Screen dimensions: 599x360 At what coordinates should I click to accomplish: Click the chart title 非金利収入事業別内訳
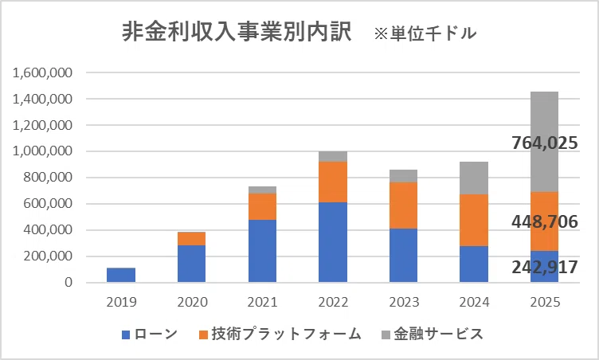click(237, 32)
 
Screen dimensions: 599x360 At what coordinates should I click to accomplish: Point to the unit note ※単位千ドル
click(425, 33)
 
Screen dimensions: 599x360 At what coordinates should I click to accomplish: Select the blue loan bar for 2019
click(121, 275)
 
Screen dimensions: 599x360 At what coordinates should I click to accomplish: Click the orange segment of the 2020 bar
click(191, 238)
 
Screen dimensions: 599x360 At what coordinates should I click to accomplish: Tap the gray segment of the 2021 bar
click(262, 190)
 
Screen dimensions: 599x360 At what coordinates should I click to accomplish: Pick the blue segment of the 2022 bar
click(333, 242)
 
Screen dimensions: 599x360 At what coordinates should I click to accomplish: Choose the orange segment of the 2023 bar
click(403, 205)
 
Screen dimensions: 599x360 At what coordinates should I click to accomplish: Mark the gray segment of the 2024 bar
click(474, 178)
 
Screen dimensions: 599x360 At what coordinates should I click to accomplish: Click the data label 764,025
click(545, 143)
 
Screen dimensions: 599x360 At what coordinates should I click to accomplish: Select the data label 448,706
click(545, 221)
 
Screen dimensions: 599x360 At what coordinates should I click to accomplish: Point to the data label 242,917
click(545, 267)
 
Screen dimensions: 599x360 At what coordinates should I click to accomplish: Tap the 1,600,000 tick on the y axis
click(42, 72)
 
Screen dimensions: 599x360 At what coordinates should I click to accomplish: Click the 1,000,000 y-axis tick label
click(42, 151)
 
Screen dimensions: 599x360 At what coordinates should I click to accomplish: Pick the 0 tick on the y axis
click(69, 283)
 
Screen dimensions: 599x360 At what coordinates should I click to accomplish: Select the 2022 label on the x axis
click(333, 303)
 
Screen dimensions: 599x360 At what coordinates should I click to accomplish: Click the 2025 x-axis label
click(545, 303)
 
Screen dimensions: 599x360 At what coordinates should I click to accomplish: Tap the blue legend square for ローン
click(126, 335)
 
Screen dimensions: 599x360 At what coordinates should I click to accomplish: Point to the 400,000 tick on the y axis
click(48, 230)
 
